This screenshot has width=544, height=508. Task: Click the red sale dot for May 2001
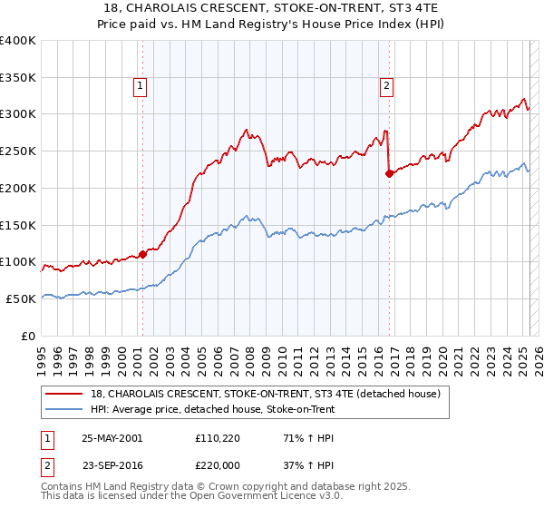[x=142, y=254]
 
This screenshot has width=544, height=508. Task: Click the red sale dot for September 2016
[x=389, y=173]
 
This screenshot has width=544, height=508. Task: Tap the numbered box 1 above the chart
[x=141, y=86]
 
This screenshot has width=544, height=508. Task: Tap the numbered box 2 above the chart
[x=386, y=86]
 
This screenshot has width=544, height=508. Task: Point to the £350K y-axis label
[x=17, y=77]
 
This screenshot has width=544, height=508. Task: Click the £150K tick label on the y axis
[x=17, y=224]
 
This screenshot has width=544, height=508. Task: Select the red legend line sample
[x=63, y=394]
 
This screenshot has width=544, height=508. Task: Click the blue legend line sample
[x=63, y=409]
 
